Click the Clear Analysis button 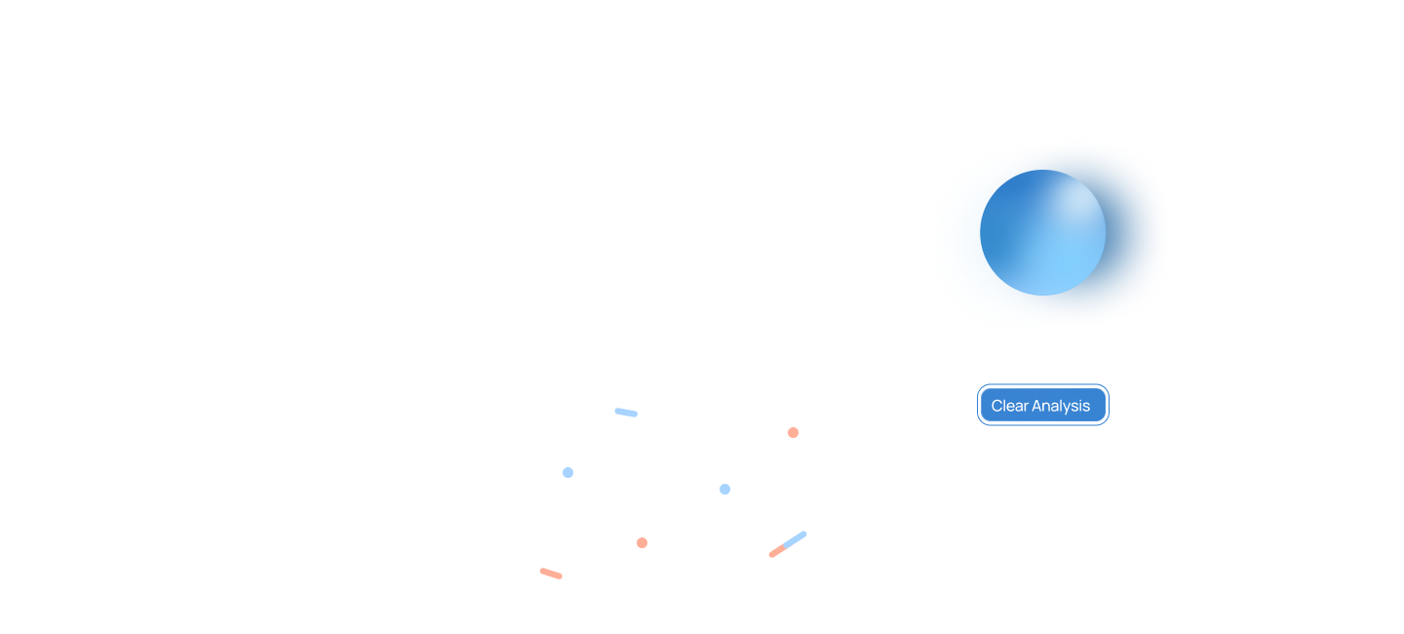(x=1042, y=405)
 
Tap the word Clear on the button (x=1009, y=406)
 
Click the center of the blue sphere (x=1042, y=233)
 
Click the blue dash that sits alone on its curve (x=626, y=413)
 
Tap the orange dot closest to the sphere (x=793, y=432)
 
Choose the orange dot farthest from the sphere (x=642, y=542)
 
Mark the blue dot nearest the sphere (x=724, y=489)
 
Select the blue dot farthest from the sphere (x=567, y=472)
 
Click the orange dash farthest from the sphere (x=551, y=574)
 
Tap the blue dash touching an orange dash (x=796, y=538)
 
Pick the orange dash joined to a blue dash (x=777, y=552)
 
